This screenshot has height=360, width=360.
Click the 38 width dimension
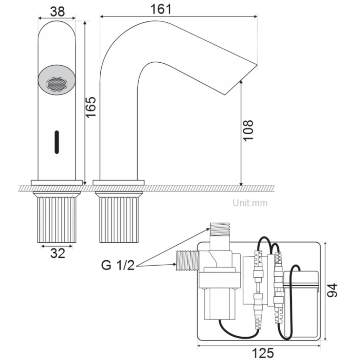pos(57,11)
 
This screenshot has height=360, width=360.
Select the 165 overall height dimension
pos(91,106)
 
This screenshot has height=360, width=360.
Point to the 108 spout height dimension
pos(248,130)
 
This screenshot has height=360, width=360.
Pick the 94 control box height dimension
pos(333,290)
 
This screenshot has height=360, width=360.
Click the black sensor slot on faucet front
pos(57,141)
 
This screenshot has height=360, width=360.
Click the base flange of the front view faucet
pos(57,182)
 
